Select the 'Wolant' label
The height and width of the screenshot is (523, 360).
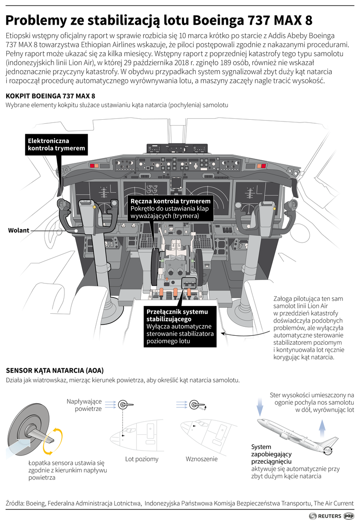click(18, 230)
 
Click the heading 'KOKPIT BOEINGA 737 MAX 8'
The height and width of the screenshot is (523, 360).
click(50, 96)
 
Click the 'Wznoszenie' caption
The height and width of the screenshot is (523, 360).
click(202, 459)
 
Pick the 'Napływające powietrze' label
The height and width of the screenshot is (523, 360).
click(84, 405)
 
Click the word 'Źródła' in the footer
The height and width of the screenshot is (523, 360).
click(15, 502)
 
